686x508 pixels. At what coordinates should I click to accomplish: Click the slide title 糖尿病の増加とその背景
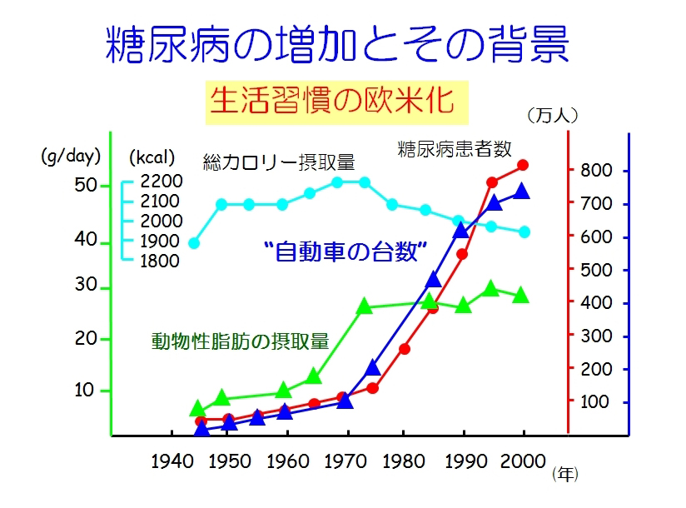337,46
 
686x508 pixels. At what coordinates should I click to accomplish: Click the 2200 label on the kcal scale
161,181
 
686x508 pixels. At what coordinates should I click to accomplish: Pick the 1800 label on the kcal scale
161,261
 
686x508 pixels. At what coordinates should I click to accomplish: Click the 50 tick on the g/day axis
87,185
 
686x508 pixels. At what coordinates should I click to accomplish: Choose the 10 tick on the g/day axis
87,391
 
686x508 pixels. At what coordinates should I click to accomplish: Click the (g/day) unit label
71,155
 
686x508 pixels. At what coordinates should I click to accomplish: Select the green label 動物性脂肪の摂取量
240,341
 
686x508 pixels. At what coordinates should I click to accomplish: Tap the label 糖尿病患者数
454,150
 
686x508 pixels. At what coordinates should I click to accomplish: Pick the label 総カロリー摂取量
279,160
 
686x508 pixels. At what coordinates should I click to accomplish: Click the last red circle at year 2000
523,165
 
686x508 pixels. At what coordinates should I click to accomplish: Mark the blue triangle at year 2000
522,192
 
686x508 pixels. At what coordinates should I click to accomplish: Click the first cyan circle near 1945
194,243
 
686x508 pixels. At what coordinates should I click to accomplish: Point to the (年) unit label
565,475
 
